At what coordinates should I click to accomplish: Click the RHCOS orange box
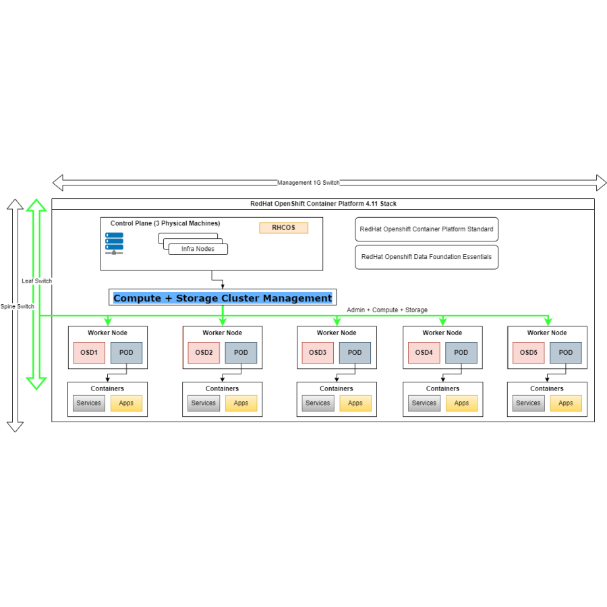283,228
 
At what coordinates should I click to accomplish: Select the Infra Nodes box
198,249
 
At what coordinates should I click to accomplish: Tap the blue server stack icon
114,243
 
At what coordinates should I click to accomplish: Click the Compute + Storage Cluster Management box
223,297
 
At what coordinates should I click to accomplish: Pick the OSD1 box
89,352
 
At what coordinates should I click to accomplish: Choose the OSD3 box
318,352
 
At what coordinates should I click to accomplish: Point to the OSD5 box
528,352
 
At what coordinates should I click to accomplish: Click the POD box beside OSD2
241,352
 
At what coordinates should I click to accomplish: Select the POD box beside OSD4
461,352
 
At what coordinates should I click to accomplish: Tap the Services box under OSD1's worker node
89,403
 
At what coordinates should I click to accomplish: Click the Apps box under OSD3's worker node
355,403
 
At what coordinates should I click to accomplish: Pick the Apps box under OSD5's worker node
566,403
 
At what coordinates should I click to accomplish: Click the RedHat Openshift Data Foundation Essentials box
426,257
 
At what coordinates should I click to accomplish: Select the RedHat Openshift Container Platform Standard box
426,229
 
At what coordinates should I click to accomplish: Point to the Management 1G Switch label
308,183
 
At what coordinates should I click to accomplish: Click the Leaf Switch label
36,281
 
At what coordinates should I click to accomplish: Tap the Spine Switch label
17,306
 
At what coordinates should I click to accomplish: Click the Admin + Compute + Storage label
386,310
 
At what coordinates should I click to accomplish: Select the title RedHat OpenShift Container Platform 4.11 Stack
323,204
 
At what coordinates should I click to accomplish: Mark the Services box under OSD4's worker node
424,403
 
